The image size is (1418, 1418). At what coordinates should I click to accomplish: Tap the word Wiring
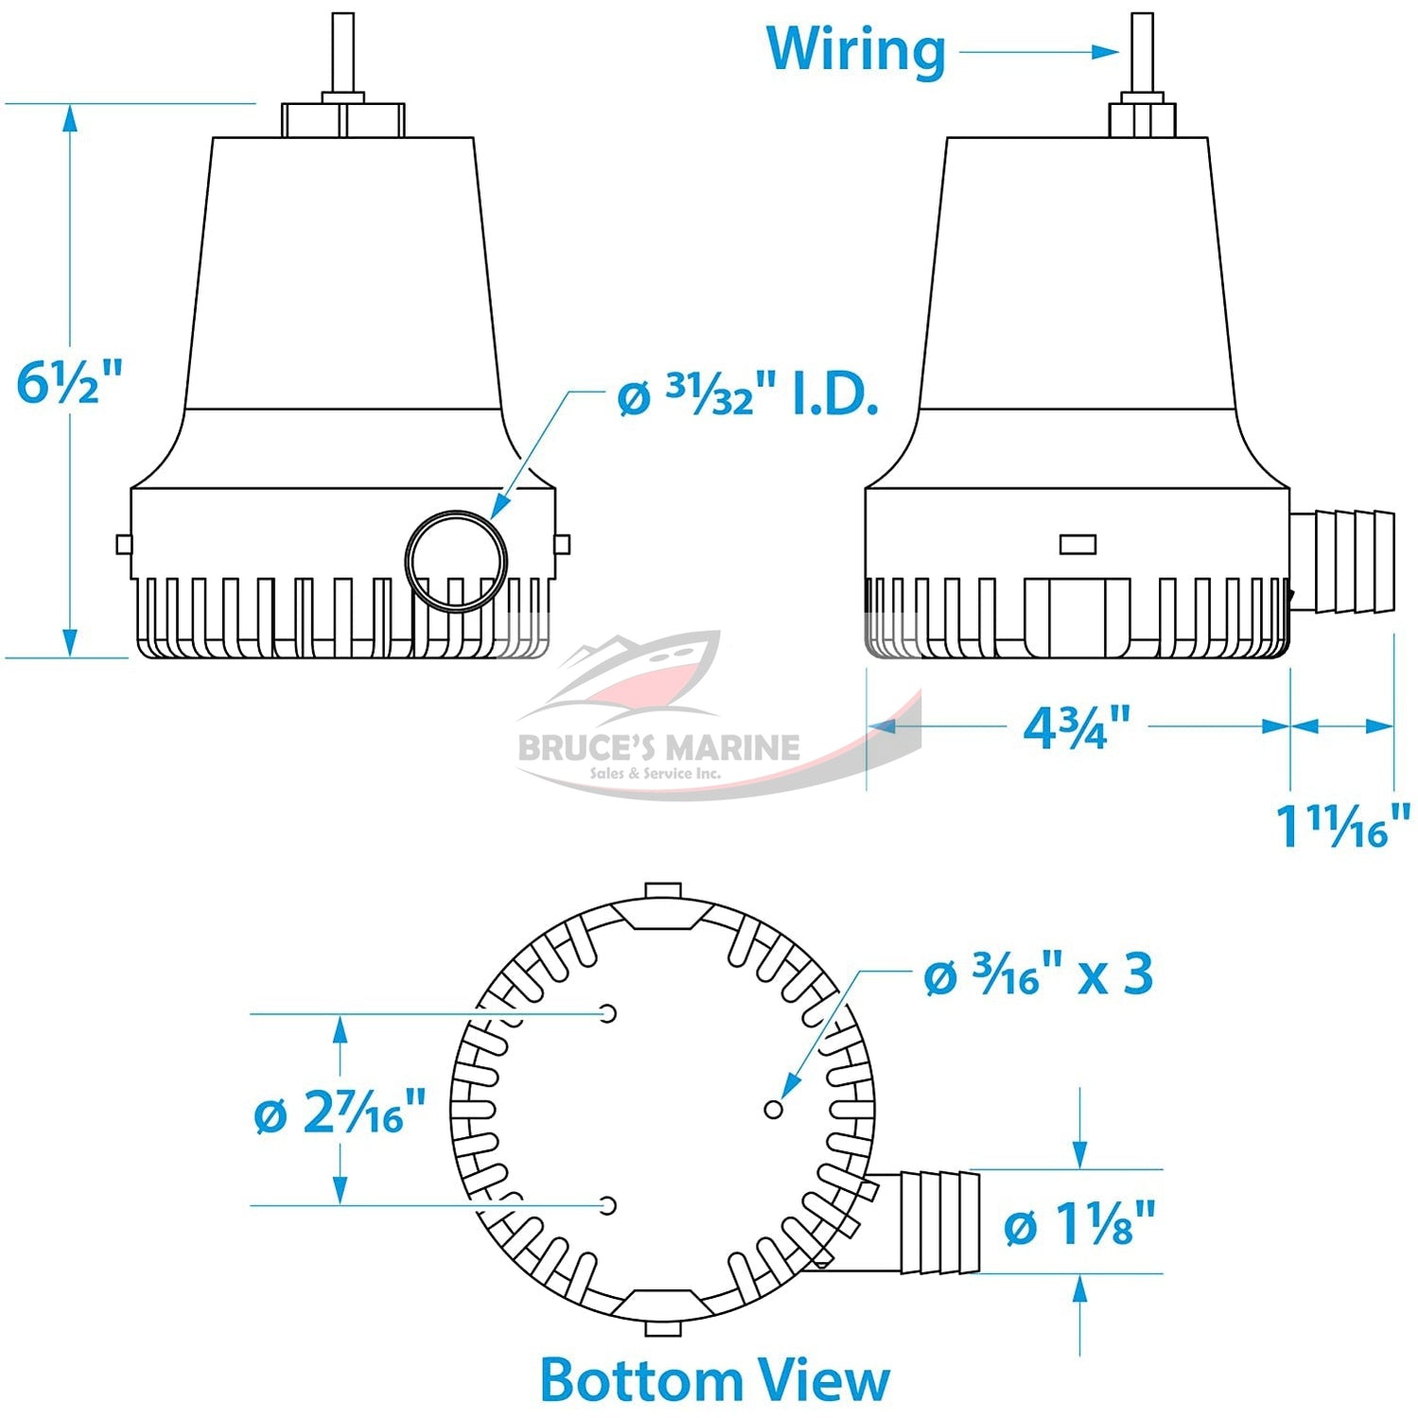click(x=856, y=50)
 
